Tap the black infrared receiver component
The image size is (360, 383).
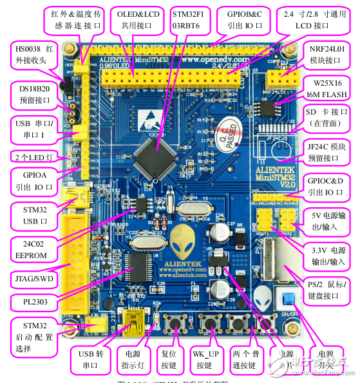point(65,83)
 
